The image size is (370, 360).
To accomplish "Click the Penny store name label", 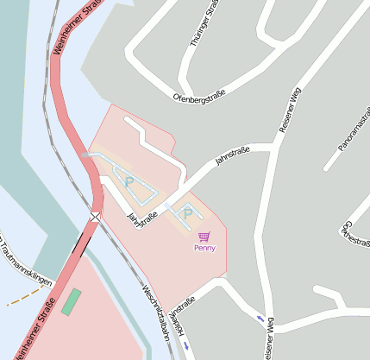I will pos(204,249).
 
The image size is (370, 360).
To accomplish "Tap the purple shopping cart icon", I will pos(204,237).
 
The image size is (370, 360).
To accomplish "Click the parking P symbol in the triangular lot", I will pos(129,181).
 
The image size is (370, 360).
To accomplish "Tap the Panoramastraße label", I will pos(354,135).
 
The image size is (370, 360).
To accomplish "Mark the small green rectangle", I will pos(70,301).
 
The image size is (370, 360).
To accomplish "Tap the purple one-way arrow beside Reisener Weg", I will pos(260,319).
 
